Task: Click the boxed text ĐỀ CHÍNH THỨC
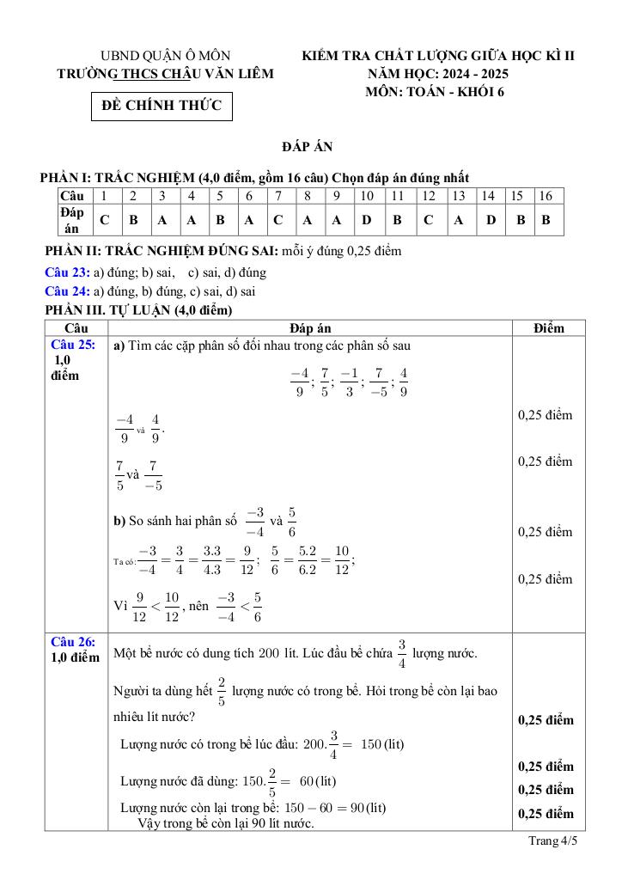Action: click(162, 107)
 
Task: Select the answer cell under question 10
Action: click(366, 220)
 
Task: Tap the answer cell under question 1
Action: click(104, 220)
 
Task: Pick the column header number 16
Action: click(546, 196)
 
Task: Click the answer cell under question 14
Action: click(491, 220)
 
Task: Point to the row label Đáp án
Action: click(72, 220)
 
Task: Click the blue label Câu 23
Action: click(66, 272)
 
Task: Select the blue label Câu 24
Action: click(66, 290)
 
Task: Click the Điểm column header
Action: click(548, 327)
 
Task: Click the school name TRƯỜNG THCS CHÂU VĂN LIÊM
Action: click(165, 75)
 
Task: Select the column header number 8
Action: click(307, 196)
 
